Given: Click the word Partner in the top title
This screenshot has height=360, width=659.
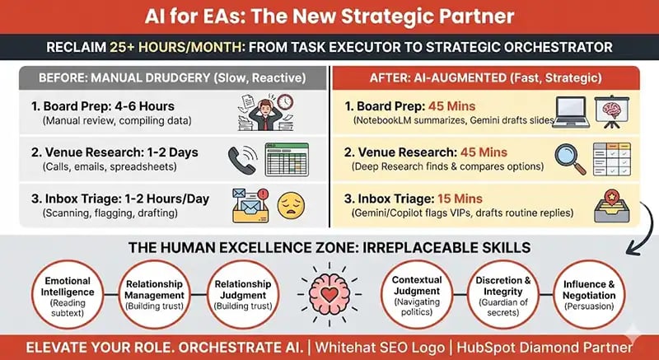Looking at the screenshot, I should click(x=472, y=16).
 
